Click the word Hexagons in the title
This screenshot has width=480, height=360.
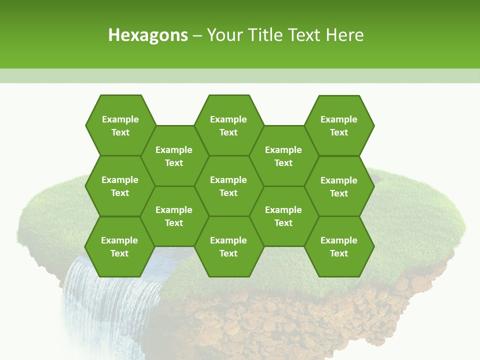(x=148, y=35)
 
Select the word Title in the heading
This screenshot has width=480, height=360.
(x=274, y=35)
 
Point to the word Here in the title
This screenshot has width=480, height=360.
(x=344, y=35)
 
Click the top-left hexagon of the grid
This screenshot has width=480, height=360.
(x=120, y=125)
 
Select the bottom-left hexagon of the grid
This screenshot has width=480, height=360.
(x=119, y=246)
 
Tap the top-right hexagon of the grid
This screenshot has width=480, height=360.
(x=339, y=125)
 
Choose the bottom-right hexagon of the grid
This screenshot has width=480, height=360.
(x=339, y=246)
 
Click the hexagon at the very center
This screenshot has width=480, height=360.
(x=228, y=186)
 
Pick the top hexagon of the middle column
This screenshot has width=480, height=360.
(x=228, y=125)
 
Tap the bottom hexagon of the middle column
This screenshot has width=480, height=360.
(x=228, y=246)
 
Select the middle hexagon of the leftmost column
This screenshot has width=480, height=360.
(x=120, y=186)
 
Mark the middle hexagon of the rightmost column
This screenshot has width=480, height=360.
(x=339, y=186)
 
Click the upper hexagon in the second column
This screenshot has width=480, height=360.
(x=174, y=156)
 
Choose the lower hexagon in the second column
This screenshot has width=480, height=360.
(x=174, y=216)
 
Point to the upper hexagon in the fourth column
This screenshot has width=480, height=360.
(x=283, y=156)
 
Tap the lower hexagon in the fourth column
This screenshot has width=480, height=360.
(x=283, y=216)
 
